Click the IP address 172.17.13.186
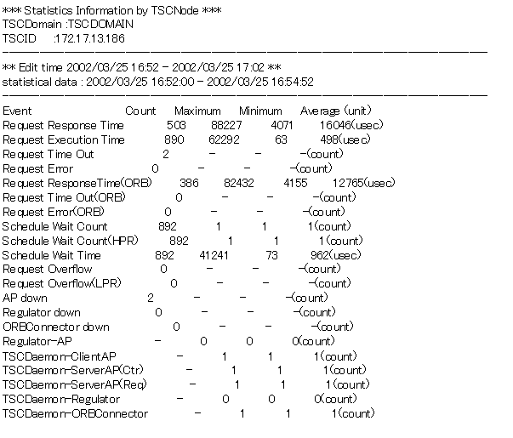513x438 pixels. (x=89, y=39)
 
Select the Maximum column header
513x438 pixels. (x=197, y=111)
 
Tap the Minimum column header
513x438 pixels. (x=260, y=111)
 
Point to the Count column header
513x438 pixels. (x=140, y=111)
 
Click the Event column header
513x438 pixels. (x=17, y=111)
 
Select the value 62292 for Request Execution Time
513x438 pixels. (x=224, y=140)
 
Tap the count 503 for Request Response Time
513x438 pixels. (x=177, y=126)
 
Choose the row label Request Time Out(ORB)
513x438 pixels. (x=63, y=197)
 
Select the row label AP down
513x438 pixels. (x=25, y=299)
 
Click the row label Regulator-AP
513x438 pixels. (x=36, y=342)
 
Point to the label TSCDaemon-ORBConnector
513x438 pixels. (x=75, y=414)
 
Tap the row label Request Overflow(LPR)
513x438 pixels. (x=62, y=284)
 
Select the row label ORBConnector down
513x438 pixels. (x=56, y=327)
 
